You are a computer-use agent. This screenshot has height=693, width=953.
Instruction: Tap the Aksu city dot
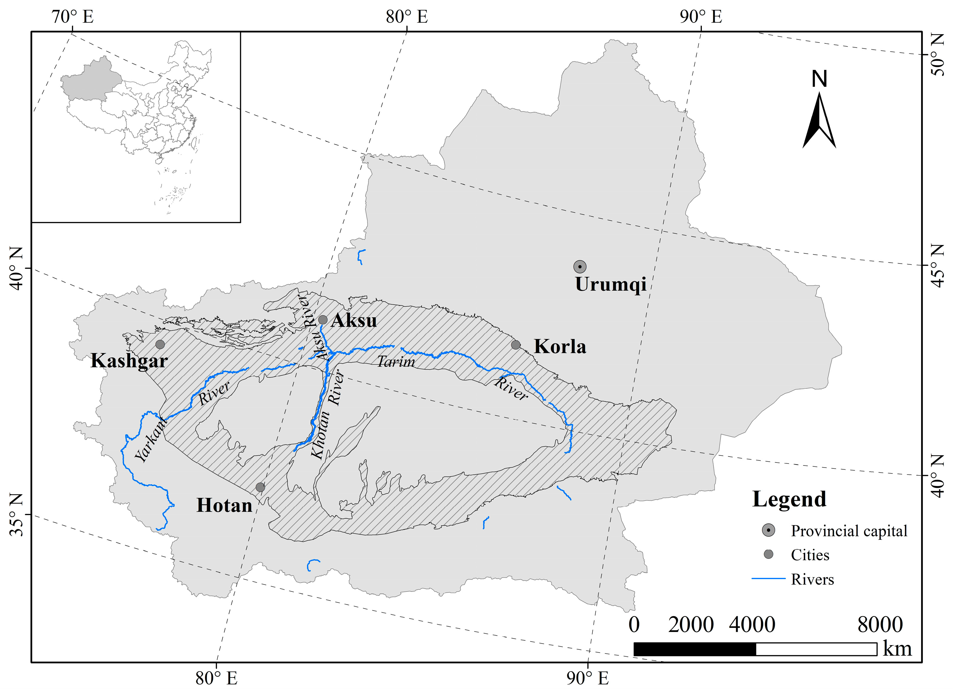pyautogui.click(x=323, y=320)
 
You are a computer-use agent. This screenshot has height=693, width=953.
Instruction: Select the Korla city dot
pyautogui.click(x=516, y=345)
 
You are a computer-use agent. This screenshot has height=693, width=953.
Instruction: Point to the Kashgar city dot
pyautogui.click(x=160, y=344)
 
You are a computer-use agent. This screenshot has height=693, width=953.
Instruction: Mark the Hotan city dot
pyautogui.click(x=260, y=487)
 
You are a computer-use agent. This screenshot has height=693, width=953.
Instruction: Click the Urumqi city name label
pyautogui.click(x=611, y=284)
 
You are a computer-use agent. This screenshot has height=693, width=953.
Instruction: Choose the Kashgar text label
pyautogui.click(x=129, y=361)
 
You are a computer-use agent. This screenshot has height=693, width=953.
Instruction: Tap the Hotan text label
pyautogui.click(x=224, y=505)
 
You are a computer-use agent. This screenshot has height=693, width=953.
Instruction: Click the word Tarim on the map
pyautogui.click(x=396, y=362)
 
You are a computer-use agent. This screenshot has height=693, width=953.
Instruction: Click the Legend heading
pyautogui.click(x=789, y=499)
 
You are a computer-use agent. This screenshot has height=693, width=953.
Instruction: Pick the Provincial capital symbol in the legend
pyautogui.click(x=769, y=531)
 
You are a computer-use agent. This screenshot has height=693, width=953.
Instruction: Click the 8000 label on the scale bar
pyautogui.click(x=880, y=625)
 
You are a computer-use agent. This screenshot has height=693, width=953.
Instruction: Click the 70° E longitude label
pyautogui.click(x=72, y=17)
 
